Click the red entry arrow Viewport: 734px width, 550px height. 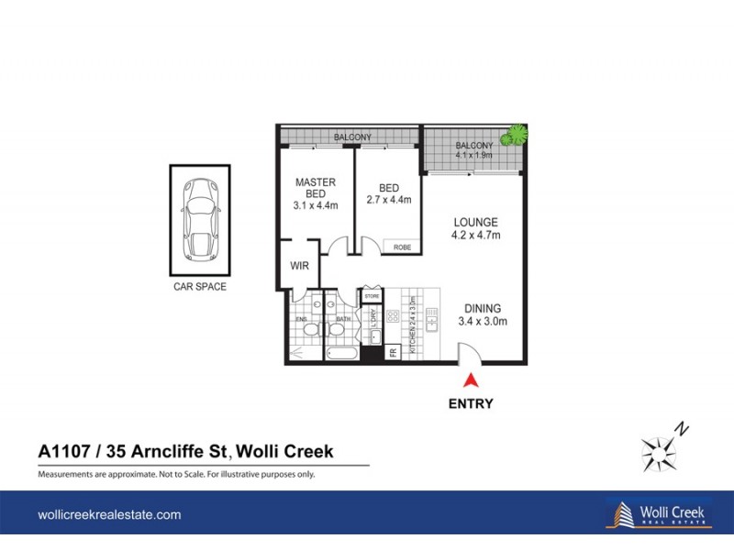471,379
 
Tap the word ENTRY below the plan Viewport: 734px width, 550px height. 472,403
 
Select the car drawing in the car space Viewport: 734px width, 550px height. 199,219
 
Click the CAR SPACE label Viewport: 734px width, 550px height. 199,287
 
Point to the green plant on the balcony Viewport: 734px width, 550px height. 520,135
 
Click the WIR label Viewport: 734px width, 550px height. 299,266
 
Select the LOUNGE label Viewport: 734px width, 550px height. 474,222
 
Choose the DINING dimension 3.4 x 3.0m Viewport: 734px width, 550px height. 483,322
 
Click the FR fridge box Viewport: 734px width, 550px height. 393,352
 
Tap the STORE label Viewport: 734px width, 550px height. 372,296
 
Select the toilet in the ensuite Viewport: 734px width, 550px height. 311,329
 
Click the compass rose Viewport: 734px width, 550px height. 659,450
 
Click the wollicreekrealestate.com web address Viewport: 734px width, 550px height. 109,515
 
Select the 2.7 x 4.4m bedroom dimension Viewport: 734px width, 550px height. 388,200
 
